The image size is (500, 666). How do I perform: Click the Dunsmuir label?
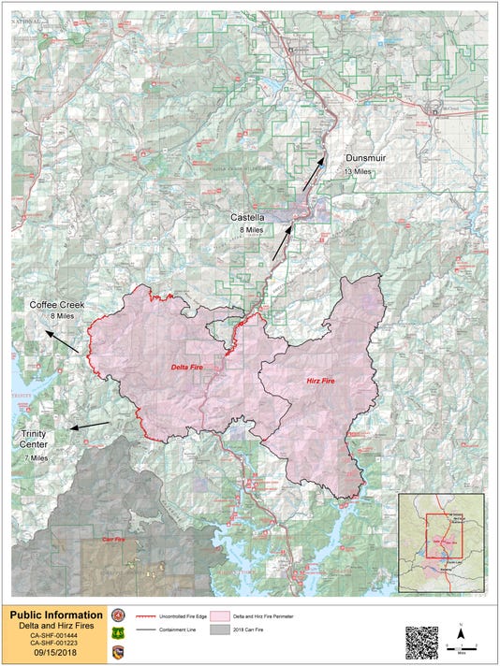pos(365,158)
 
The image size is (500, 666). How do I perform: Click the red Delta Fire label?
pos(189,368)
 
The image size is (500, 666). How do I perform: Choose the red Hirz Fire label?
pos(322,382)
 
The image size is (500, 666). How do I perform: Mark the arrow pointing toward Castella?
pos(282,241)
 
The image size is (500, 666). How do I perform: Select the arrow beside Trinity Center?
pos(90,427)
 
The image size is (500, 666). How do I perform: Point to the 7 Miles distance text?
pos(35,458)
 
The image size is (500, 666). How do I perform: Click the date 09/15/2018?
pos(54,654)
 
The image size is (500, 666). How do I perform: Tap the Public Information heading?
pos(56,615)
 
